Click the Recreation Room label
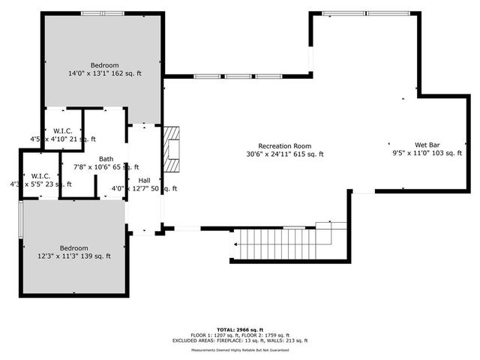click(284, 146)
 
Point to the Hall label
click(144, 180)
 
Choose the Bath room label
click(106, 158)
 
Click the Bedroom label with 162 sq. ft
click(105, 65)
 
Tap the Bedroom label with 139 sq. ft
click(74, 248)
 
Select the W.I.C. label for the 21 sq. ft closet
click(62, 131)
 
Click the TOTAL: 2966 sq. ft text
click(240, 329)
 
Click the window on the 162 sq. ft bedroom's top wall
click(103, 13)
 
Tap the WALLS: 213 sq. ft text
click(294, 341)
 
